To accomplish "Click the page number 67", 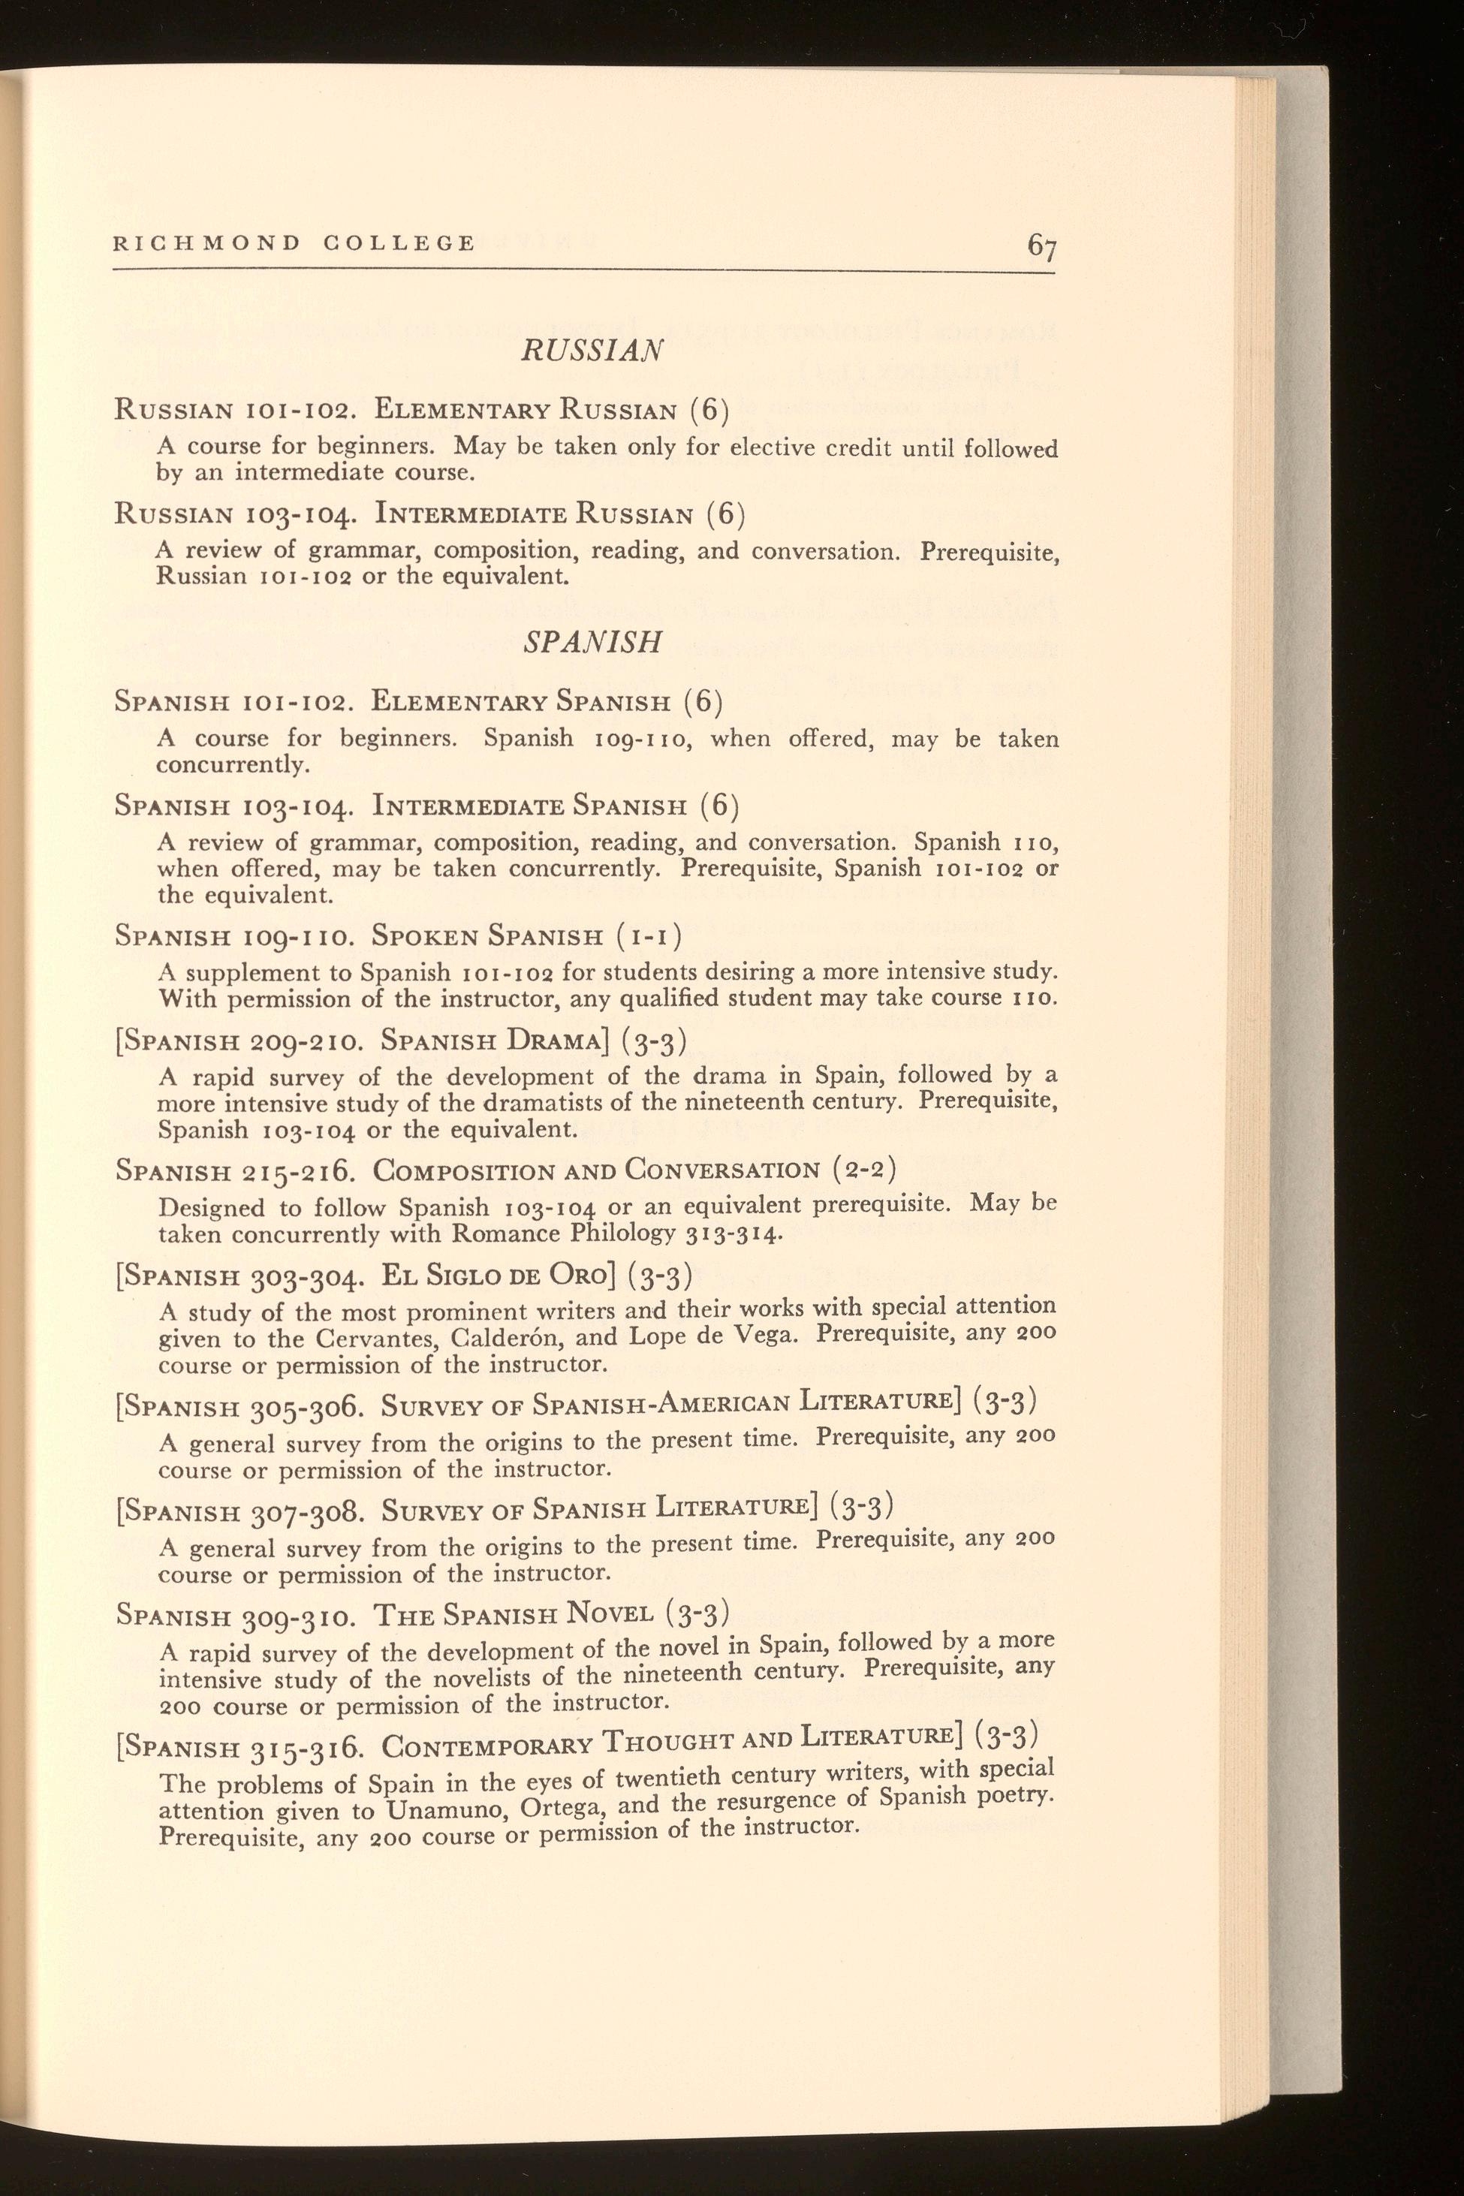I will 1041,246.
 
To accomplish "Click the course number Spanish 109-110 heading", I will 233,935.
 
